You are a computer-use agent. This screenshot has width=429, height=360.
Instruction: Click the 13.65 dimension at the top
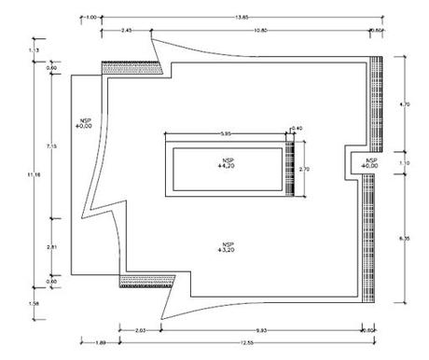242,16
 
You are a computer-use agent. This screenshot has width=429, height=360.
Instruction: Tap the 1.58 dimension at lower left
36,303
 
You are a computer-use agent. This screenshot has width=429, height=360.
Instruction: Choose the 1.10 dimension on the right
404,163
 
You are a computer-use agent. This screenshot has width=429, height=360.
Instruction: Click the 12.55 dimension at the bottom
244,343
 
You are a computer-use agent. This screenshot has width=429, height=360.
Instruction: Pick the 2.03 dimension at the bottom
140,330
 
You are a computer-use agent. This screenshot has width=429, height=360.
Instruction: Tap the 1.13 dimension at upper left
36,48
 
